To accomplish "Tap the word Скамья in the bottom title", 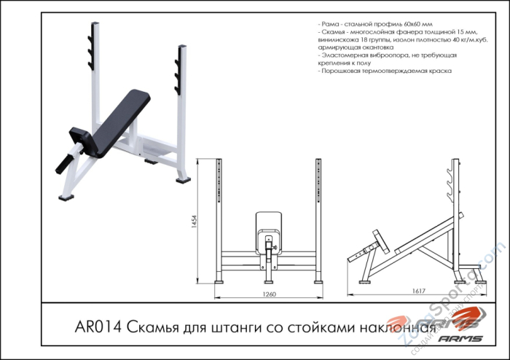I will click(x=155, y=326).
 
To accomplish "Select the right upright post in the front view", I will click(x=318, y=219).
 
